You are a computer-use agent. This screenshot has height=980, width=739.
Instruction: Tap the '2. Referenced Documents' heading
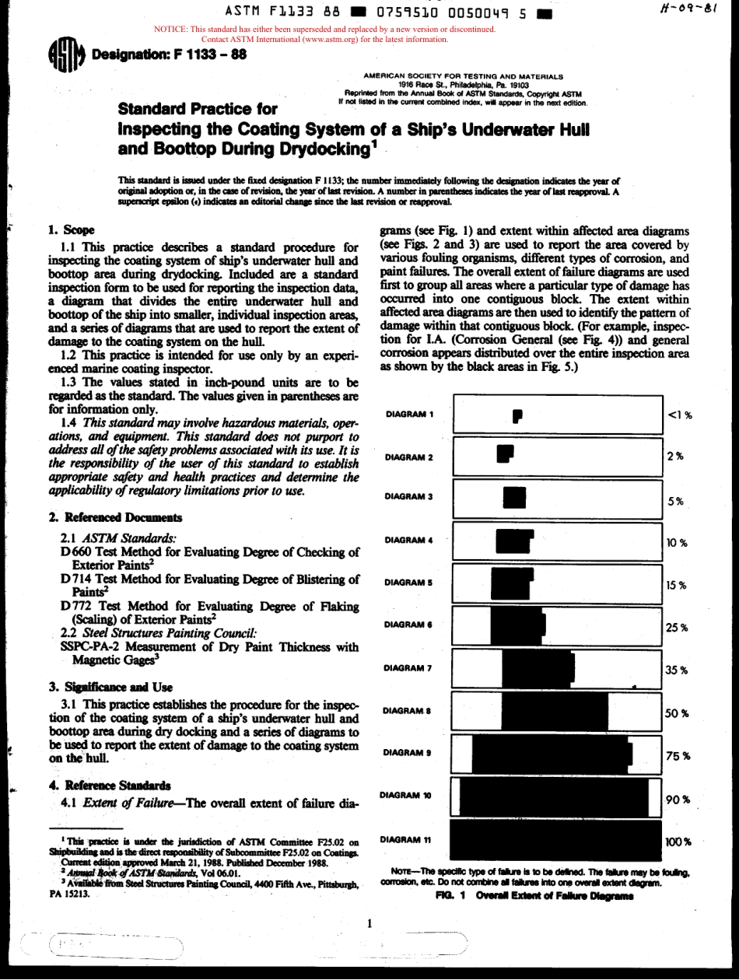(115, 517)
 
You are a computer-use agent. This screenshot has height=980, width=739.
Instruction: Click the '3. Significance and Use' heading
(110, 688)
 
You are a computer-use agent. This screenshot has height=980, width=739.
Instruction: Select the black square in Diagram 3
(514, 497)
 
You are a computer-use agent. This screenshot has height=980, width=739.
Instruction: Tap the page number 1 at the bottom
(369, 924)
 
